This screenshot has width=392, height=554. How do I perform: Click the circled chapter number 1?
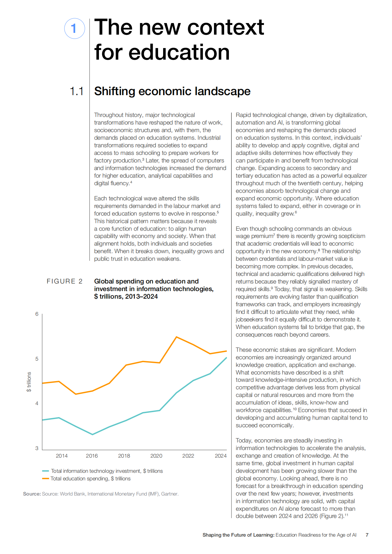pyautogui.click(x=75, y=28)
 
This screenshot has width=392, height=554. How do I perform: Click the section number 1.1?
pyautogui.click(x=77, y=91)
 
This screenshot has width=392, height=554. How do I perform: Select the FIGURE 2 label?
pyautogui.click(x=64, y=281)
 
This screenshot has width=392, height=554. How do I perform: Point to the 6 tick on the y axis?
pyautogui.click(x=37, y=314)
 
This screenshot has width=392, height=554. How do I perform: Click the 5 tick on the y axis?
pyautogui.click(x=37, y=359)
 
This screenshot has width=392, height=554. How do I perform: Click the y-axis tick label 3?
pyautogui.click(x=37, y=448)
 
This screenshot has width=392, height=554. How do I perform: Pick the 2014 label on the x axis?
pyautogui.click(x=62, y=456)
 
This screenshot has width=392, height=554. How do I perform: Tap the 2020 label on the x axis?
pyautogui.click(x=156, y=456)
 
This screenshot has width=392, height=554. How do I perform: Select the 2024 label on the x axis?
pyautogui.click(x=221, y=456)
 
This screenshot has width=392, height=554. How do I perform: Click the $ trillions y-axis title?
pyautogui.click(x=29, y=382)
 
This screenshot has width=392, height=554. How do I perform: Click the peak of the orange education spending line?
pyautogui.click(x=176, y=337)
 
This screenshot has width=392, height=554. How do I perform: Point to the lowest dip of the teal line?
pyautogui.click(x=92, y=435)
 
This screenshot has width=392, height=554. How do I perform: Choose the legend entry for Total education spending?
pyautogui.click(x=86, y=478)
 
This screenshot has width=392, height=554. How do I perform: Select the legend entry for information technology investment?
pyautogui.click(x=102, y=471)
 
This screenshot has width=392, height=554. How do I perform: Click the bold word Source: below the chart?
pyautogui.click(x=32, y=494)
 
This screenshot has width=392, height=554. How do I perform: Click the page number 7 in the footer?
pyautogui.click(x=367, y=535)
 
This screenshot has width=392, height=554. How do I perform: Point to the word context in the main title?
pyautogui.click(x=226, y=27)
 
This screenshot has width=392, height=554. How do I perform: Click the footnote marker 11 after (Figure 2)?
pyautogui.click(x=346, y=515)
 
